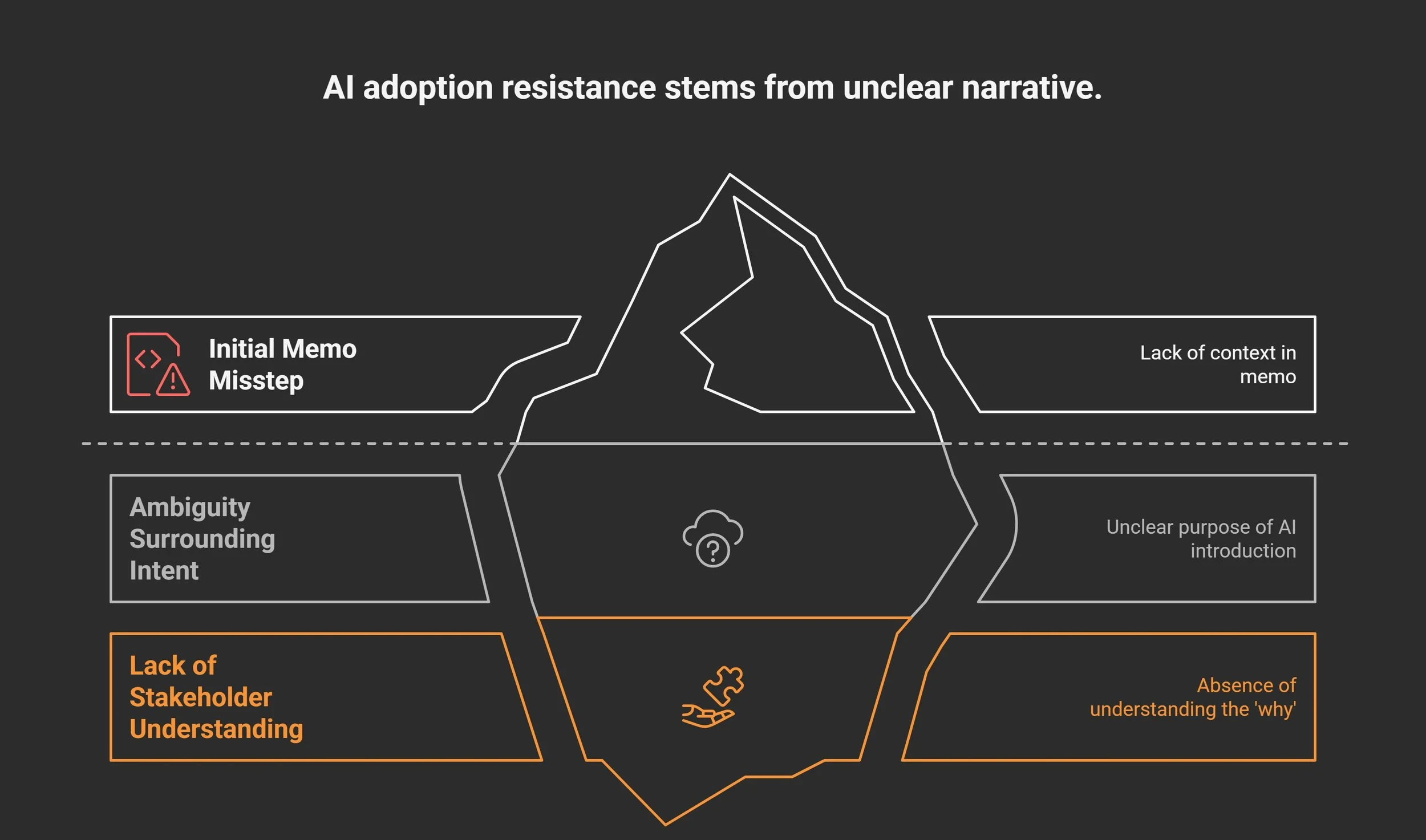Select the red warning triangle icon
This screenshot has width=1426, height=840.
pos(173,380)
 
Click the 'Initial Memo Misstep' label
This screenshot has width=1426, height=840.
pos(282,364)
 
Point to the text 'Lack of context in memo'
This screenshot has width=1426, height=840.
pos(1217,364)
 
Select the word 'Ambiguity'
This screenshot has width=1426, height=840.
pos(190,508)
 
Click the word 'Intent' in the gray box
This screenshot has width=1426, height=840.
pos(164,571)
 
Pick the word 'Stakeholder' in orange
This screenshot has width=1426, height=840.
pos(201,697)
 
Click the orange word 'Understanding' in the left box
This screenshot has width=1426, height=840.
pos(216,729)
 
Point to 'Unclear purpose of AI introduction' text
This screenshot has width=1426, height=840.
pos(1201,539)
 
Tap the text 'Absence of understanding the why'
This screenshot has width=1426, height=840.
pos(1193,697)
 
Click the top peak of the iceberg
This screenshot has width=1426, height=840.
pos(730,176)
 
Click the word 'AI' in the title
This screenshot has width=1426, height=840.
pos(338,88)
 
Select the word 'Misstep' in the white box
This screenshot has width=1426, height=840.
pos(256,380)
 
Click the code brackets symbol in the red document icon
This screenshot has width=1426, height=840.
pos(148,359)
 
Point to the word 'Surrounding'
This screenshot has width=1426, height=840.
pos(202,539)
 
